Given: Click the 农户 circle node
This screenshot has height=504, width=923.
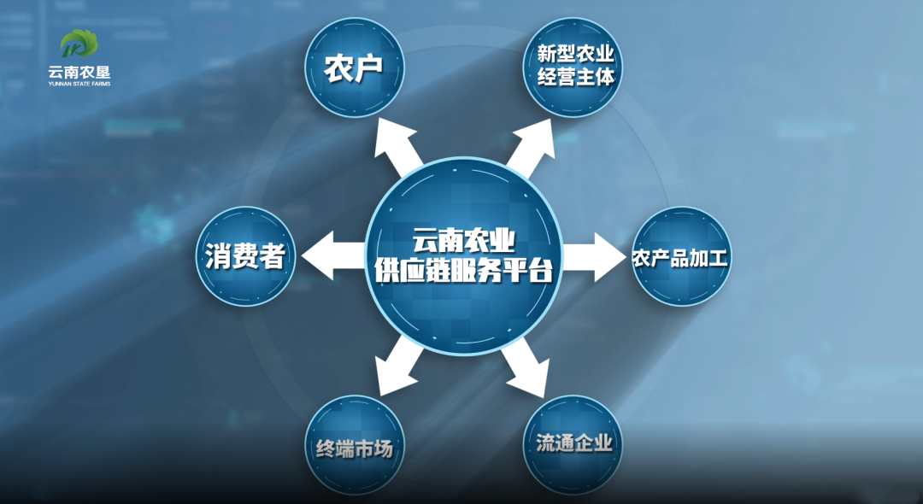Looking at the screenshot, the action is pyautogui.click(x=355, y=69).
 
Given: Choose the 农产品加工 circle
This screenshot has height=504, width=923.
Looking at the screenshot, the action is pyautogui.click(x=680, y=256).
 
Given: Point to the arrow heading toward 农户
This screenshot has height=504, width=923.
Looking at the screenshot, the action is pyautogui.click(x=398, y=147).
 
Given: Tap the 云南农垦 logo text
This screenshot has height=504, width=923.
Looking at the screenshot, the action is pyautogui.click(x=79, y=73).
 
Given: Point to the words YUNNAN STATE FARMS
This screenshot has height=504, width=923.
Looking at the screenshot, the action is pyautogui.click(x=79, y=84).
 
